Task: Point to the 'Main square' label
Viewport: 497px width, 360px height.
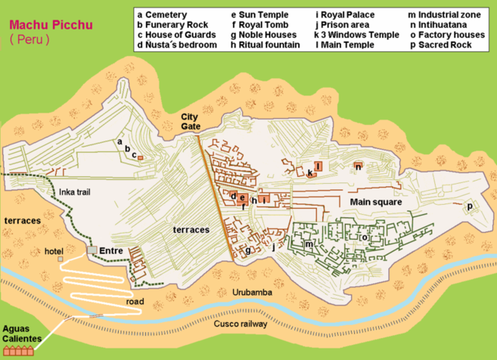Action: pyautogui.click(x=375, y=202)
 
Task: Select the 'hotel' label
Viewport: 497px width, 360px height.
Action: pyautogui.click(x=54, y=251)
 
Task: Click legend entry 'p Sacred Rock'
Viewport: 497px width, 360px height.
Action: pyautogui.click(x=445, y=45)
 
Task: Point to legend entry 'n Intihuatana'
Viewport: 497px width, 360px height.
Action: pyautogui.click(x=443, y=25)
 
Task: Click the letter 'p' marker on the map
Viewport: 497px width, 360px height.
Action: pyautogui.click(x=469, y=206)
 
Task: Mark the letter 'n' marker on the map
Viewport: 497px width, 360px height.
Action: pyautogui.click(x=357, y=166)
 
